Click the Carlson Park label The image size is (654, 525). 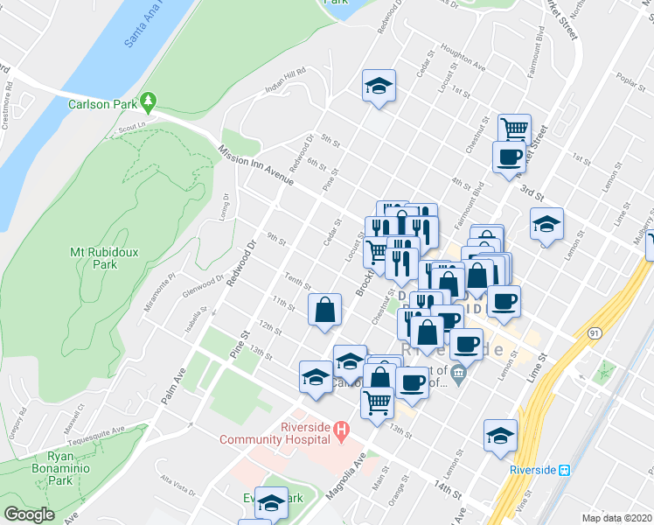click(101, 104)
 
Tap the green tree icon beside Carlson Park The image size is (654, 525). click(150, 101)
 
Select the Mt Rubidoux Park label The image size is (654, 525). click(104, 257)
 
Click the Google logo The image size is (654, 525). click(29, 514)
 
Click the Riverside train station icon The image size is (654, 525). click(566, 470)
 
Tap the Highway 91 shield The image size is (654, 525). click(594, 332)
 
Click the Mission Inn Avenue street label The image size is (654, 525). click(256, 165)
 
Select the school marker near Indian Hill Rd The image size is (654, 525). click(379, 86)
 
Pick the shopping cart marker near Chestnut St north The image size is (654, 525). click(515, 129)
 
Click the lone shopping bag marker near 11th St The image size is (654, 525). click(324, 309)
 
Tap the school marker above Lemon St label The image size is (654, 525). click(546, 224)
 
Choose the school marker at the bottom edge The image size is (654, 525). click(272, 503)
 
